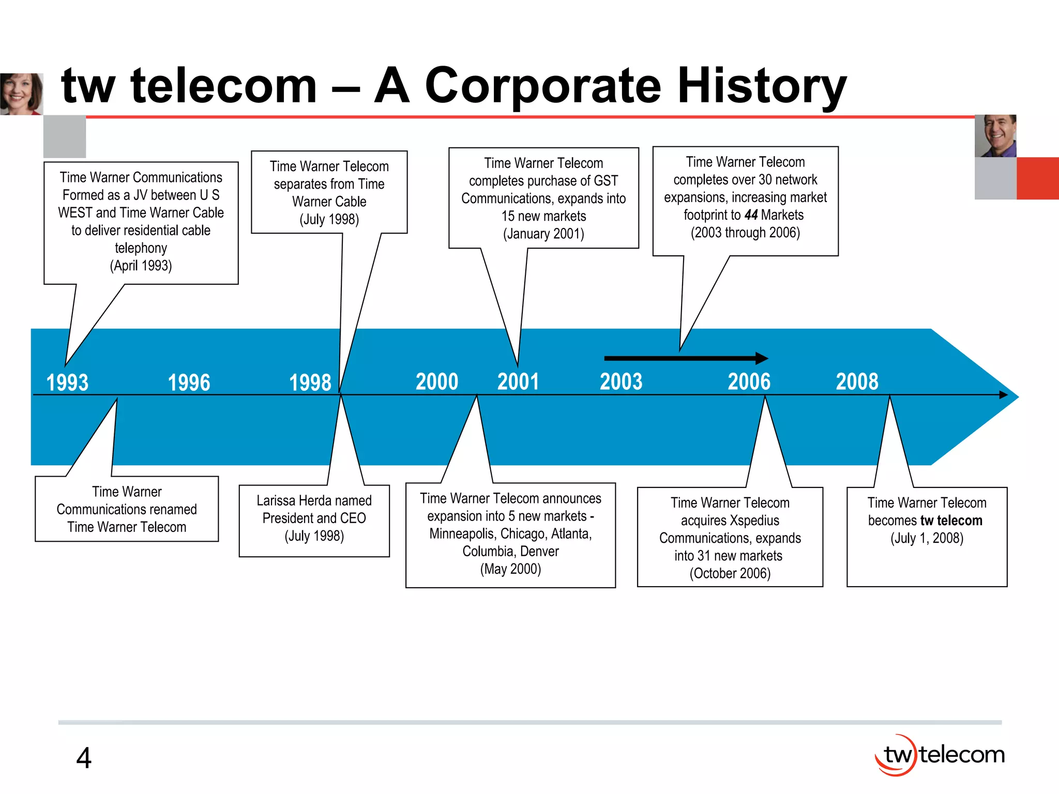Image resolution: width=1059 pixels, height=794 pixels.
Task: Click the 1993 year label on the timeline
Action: tap(67, 383)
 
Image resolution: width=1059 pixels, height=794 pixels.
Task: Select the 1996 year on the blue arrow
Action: tap(189, 383)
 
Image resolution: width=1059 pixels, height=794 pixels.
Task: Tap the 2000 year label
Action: tap(437, 382)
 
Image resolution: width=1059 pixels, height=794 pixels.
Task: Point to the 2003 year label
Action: tap(621, 382)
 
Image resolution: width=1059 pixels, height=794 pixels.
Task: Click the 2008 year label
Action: tap(857, 382)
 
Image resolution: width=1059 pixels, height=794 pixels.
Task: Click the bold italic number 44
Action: tap(751, 215)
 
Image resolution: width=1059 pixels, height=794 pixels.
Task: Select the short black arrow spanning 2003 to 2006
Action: tap(685, 358)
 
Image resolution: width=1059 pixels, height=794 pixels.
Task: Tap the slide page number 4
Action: tap(84, 758)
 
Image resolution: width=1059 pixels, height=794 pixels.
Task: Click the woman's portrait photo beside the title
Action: tap(21, 94)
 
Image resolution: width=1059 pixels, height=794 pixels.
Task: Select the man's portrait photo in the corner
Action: tap(995, 136)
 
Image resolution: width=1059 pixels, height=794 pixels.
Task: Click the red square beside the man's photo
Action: tap(1037, 178)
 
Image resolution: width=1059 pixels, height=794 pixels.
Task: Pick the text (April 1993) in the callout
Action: tap(141, 266)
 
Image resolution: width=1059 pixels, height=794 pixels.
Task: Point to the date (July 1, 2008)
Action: tap(927, 538)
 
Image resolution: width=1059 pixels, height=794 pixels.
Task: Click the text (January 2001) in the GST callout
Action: tap(543, 234)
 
